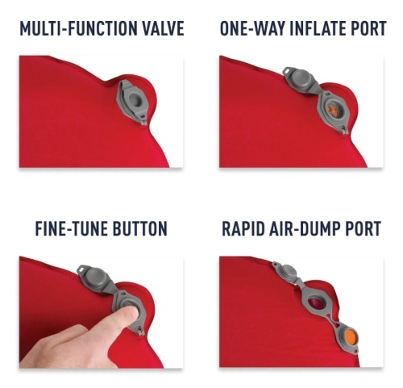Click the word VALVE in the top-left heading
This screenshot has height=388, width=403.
[x=163, y=28]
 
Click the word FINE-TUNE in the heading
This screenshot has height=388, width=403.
[x=71, y=228]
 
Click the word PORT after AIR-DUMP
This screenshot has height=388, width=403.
[x=364, y=228]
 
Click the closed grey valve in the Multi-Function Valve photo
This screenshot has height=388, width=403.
[x=132, y=102]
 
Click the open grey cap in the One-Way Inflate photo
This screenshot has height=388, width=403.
[x=300, y=79]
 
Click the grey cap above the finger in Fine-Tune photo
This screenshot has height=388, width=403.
[x=95, y=277]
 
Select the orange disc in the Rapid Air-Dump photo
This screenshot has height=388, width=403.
[x=350, y=336]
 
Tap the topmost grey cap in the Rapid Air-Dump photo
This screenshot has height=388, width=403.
[x=288, y=272]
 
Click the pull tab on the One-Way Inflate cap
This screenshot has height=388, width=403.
[x=288, y=70]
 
